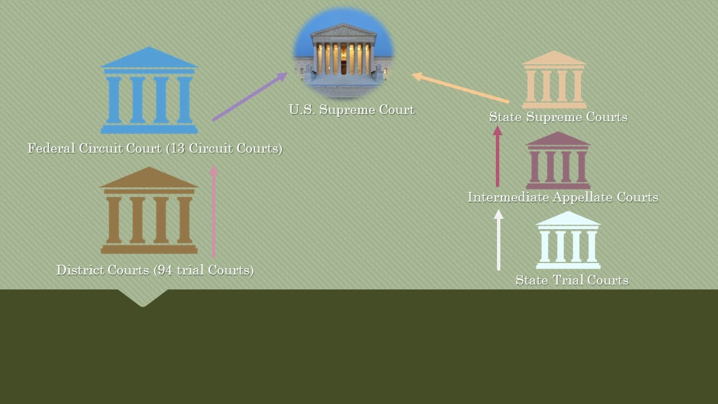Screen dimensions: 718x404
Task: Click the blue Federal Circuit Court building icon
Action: coord(149,90)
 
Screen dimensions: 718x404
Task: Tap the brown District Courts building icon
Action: coord(149,210)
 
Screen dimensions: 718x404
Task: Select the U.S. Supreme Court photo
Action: coord(344,53)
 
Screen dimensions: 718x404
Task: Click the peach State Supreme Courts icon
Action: coord(554,80)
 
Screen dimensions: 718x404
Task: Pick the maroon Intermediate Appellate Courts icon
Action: coord(558,160)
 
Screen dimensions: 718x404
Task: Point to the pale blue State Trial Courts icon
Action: coord(568,240)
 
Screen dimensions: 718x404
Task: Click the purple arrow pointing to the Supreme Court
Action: coord(250,97)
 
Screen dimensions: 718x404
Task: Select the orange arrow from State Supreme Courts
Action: coord(461,88)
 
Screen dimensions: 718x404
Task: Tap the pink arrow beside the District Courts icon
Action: coord(214,212)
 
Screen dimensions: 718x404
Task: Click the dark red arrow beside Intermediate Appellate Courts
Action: coord(498,156)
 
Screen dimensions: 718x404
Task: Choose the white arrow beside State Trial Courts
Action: coord(499,240)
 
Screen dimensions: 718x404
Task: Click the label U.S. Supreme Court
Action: coord(352,109)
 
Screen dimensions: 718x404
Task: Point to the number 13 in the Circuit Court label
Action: coord(177,148)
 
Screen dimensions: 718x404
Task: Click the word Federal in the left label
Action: coord(51,148)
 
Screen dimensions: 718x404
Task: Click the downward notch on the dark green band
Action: coord(143,298)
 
